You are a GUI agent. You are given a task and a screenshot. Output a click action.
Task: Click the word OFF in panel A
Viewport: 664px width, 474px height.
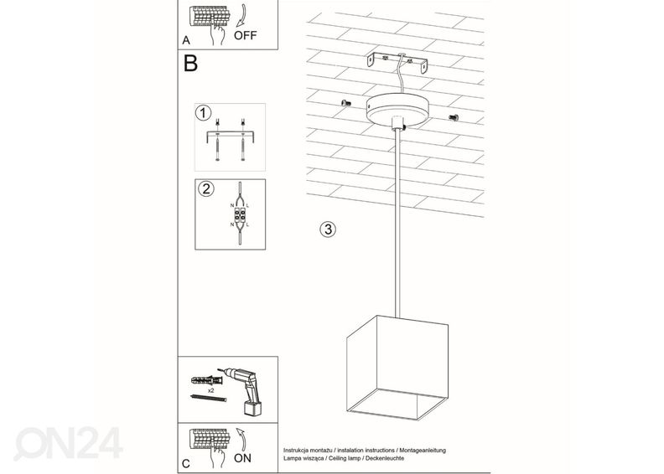pyautogui.click(x=246, y=36)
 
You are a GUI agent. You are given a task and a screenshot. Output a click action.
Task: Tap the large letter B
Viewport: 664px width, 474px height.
pyautogui.click(x=191, y=64)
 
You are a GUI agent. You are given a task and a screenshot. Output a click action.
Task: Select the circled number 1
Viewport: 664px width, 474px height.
pyautogui.click(x=202, y=112)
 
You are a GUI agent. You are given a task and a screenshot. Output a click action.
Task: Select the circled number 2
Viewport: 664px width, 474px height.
pyautogui.click(x=205, y=188)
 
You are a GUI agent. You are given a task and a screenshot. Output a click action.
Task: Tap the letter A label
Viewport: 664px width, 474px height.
pyautogui.click(x=186, y=39)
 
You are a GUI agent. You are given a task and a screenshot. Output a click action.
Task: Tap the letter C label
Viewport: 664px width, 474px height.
pyautogui.click(x=186, y=462)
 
